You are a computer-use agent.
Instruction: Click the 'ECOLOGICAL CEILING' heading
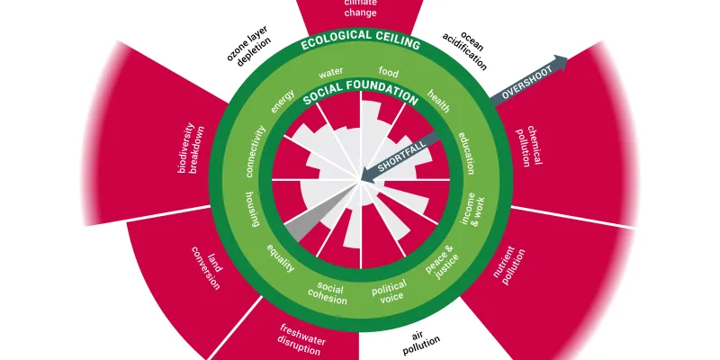click(x=360, y=43)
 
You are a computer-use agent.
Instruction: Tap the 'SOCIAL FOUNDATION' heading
click(x=360, y=94)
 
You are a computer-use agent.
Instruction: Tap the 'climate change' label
click(x=360, y=9)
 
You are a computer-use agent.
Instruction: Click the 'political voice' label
click(x=390, y=292)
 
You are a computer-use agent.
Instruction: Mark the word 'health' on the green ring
click(x=438, y=99)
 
